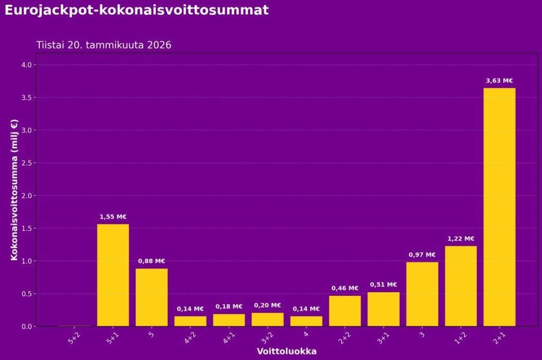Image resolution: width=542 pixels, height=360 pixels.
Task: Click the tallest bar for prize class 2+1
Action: [499, 206]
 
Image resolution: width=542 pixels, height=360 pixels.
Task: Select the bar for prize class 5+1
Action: [113, 275]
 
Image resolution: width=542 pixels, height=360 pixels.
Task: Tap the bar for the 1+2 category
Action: [460, 286]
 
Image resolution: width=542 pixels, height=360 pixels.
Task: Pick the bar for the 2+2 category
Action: [345, 311]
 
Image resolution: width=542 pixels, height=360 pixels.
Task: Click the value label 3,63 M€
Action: [499, 81]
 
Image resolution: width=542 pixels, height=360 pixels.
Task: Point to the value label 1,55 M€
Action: [113, 217]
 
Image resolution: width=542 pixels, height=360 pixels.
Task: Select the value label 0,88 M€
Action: [151, 261]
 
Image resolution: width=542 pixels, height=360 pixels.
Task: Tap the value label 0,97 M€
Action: [422, 255]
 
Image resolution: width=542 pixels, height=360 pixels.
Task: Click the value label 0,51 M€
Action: [383, 285]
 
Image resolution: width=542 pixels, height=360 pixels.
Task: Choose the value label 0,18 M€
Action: [229, 307]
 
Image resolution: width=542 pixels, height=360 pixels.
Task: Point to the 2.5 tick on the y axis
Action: [27, 163]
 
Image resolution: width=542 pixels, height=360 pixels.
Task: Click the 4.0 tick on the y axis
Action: [27, 65]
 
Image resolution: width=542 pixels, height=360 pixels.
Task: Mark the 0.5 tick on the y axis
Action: [27, 294]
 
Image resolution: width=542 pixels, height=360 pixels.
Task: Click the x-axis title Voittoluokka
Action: [286, 352]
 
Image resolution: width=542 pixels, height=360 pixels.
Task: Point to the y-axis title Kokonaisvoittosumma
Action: [14, 190]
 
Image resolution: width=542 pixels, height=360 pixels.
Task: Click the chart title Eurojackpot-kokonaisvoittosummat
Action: [137, 10]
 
